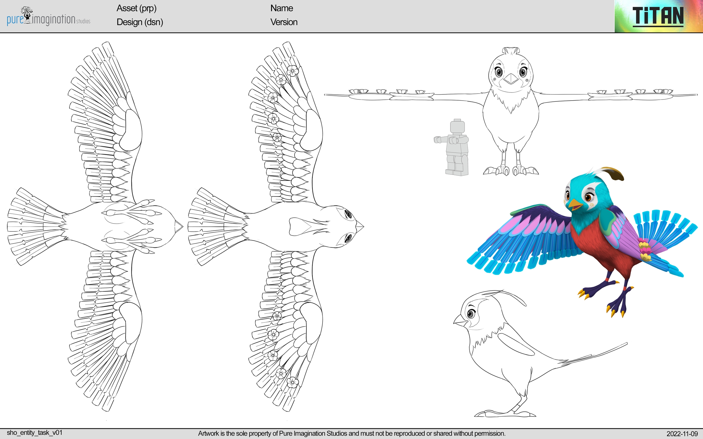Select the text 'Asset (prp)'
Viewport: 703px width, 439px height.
coord(136,8)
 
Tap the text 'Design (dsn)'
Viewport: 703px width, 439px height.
coord(139,22)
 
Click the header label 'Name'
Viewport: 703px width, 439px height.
coord(281,8)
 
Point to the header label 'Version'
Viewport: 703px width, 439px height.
coord(284,22)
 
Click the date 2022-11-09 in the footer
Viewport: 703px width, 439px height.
coord(682,434)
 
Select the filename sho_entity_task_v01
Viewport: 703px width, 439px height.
coord(35,433)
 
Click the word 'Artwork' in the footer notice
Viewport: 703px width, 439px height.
coord(208,433)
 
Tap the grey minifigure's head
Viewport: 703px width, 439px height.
coord(457,126)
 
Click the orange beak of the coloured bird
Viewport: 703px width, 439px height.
coord(574,205)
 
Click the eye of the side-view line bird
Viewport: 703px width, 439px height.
coord(471,313)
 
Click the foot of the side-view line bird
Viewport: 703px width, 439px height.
coord(506,413)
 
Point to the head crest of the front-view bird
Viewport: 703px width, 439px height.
coord(511,51)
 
